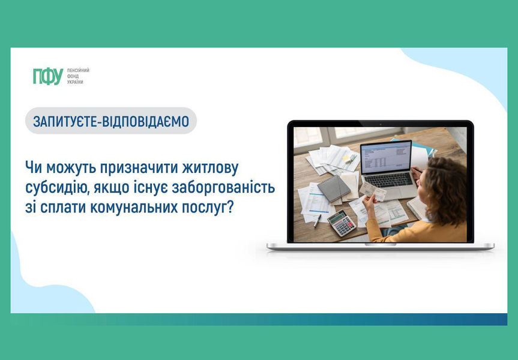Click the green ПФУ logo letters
48,76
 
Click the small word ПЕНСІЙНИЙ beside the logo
78,70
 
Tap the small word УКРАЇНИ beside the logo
75,82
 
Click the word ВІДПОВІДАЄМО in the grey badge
145,122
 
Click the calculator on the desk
342,223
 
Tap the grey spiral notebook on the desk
334,188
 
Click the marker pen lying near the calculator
317,221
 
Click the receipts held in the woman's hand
373,191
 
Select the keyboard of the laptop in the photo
388,180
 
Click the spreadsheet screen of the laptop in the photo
386,157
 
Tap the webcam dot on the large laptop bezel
380,124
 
